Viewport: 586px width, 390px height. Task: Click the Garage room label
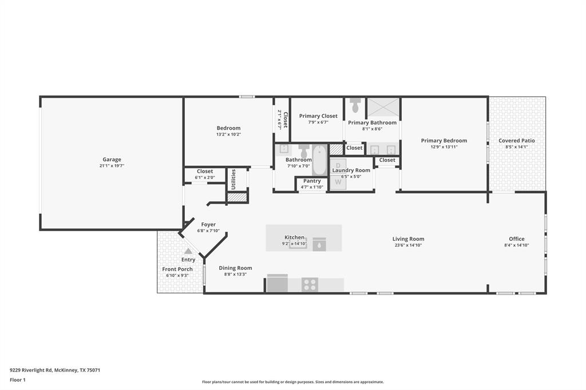pyautogui.click(x=112, y=160)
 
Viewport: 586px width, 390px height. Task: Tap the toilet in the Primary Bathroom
pyautogui.click(x=355, y=106)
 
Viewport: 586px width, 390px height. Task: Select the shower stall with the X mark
pyautogui.click(x=382, y=107)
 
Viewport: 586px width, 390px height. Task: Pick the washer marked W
pyautogui.click(x=338, y=182)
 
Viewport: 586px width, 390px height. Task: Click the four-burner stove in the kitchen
pyautogui.click(x=310, y=284)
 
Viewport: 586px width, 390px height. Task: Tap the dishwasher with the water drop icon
pyautogui.click(x=319, y=245)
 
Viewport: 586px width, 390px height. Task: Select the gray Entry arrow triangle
pyautogui.click(x=188, y=250)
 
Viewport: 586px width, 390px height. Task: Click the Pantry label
pyautogui.click(x=312, y=181)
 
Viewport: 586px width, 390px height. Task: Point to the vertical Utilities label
pyautogui.click(x=233, y=179)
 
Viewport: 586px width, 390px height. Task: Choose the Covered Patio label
pyautogui.click(x=517, y=141)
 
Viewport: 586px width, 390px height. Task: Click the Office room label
pyautogui.click(x=517, y=239)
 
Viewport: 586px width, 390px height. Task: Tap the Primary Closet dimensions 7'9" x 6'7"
pyautogui.click(x=318, y=122)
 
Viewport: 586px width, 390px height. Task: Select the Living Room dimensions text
pyautogui.click(x=408, y=245)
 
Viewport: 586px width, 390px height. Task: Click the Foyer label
pyautogui.click(x=208, y=225)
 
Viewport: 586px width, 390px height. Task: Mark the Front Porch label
pyautogui.click(x=177, y=269)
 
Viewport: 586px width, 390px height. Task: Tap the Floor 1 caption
pyautogui.click(x=18, y=380)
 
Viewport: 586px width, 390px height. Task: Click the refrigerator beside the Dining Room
pyautogui.click(x=278, y=284)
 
